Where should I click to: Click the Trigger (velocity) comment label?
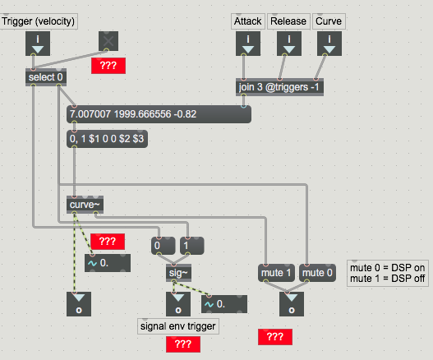[39, 21]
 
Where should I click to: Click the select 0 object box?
[46, 77]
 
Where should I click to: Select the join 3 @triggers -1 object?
[279, 87]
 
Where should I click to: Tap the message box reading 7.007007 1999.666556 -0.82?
[159, 114]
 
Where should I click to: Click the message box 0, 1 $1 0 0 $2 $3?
[107, 139]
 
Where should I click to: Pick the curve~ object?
[85, 205]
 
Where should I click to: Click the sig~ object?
[178, 273]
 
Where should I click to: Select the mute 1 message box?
[276, 273]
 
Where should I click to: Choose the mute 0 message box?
[318, 273]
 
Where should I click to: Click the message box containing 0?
[164, 246]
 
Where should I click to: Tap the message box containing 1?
[192, 246]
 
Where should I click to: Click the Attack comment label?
[248, 21]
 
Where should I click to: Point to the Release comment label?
[288, 21]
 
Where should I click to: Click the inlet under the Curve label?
[329, 44]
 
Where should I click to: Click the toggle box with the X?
[108, 41]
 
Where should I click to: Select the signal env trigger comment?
[178, 326]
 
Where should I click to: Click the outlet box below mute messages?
[292, 304]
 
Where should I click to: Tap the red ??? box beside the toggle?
[108, 66]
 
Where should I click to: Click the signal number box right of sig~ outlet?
[224, 304]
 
